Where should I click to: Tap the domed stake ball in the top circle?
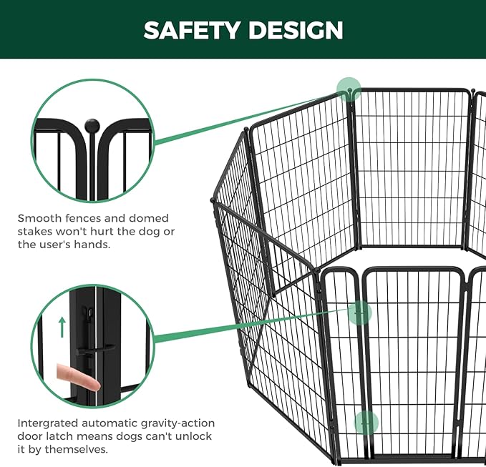coord(92,127)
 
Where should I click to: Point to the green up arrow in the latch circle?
coord(63,327)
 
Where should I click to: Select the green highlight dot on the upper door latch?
coord(360,312)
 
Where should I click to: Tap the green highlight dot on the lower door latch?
coord(366,422)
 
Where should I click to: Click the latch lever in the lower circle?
coord(100,348)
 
